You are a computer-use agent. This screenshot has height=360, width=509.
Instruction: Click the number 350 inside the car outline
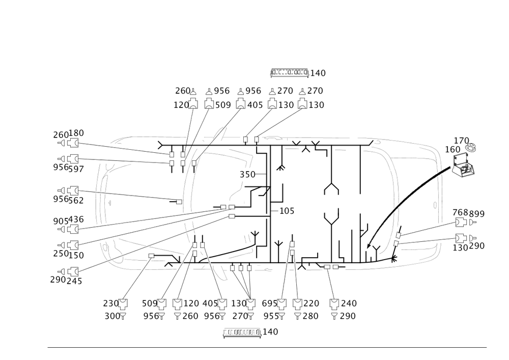click(247, 174)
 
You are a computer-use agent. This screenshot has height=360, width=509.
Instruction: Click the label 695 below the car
click(269, 303)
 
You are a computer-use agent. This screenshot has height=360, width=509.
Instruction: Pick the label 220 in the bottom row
click(311, 303)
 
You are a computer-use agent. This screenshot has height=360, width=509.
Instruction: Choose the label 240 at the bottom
click(348, 303)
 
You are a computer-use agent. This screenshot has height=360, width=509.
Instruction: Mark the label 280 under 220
click(311, 316)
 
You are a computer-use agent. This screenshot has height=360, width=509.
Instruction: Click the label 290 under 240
click(348, 316)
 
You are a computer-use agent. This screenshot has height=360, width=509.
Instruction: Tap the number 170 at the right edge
click(461, 141)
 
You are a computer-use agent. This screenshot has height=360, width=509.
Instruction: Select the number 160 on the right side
click(453, 149)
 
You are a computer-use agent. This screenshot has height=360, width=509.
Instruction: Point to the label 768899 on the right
click(468, 213)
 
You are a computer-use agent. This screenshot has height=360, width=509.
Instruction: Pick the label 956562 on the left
click(68, 200)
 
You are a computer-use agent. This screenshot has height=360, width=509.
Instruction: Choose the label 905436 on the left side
click(68, 219)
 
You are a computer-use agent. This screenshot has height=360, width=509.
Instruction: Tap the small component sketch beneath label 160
click(464, 169)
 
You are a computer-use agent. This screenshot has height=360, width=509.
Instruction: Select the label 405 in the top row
click(254, 105)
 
